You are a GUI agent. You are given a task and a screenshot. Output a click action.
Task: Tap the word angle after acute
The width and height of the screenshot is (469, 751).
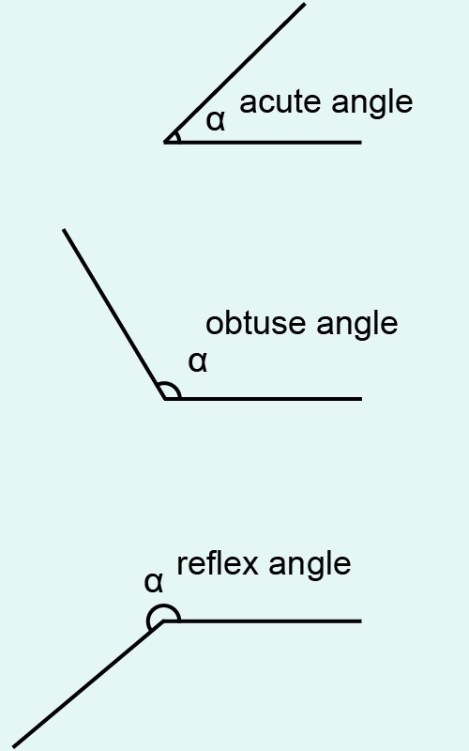tap(371, 103)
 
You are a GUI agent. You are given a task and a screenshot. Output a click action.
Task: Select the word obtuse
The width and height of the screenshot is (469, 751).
tap(255, 323)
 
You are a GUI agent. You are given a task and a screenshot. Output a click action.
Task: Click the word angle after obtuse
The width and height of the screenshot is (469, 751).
tap(357, 324)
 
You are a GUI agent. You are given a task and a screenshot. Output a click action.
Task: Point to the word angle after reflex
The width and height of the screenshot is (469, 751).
tap(310, 565)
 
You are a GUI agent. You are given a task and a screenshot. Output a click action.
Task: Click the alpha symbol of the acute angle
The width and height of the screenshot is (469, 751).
tap(216, 121)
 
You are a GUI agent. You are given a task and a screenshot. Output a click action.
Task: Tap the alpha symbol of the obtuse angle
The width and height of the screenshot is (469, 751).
tap(198, 362)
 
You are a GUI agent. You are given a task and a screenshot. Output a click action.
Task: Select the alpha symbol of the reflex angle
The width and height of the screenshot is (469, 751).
tap(154, 583)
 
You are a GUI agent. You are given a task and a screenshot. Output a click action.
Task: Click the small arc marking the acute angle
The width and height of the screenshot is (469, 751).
tap(178, 137)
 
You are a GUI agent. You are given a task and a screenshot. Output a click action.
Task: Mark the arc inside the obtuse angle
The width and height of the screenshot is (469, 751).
tap(173, 385)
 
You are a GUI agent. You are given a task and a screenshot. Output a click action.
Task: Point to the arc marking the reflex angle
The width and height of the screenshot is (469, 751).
tap(162, 606)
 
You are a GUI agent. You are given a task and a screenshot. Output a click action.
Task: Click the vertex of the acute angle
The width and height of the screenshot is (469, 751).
tap(165, 143)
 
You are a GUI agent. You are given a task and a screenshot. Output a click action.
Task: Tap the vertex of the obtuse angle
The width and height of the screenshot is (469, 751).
tap(165, 398)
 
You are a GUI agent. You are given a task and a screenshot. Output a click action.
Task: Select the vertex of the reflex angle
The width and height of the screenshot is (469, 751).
tap(163, 621)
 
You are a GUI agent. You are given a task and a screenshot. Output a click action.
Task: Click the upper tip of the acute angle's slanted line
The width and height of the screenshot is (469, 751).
tap(305, 4)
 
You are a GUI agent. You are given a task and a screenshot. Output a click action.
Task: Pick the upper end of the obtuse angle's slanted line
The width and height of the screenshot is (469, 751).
tap(64, 230)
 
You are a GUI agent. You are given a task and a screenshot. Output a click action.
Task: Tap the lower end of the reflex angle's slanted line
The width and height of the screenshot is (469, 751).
tap(13, 746)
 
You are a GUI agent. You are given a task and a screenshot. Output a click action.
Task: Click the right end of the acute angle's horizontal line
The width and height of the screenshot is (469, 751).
tap(361, 143)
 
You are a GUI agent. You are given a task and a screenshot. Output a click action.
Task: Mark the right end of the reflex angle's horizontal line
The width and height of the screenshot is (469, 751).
tap(361, 621)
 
